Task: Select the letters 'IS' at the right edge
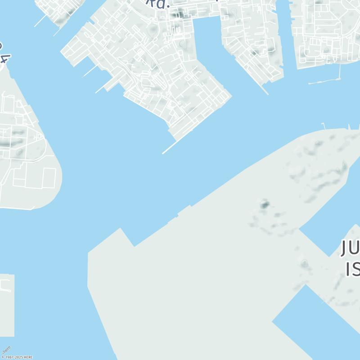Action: coord(353,269)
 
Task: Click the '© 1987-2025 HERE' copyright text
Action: coord(17,357)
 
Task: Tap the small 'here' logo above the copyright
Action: coord(6,350)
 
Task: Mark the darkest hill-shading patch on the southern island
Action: coord(264,205)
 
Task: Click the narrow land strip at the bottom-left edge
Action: coord(7,306)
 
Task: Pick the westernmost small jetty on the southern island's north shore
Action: coord(323,126)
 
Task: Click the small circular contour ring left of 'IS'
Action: coord(305,263)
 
